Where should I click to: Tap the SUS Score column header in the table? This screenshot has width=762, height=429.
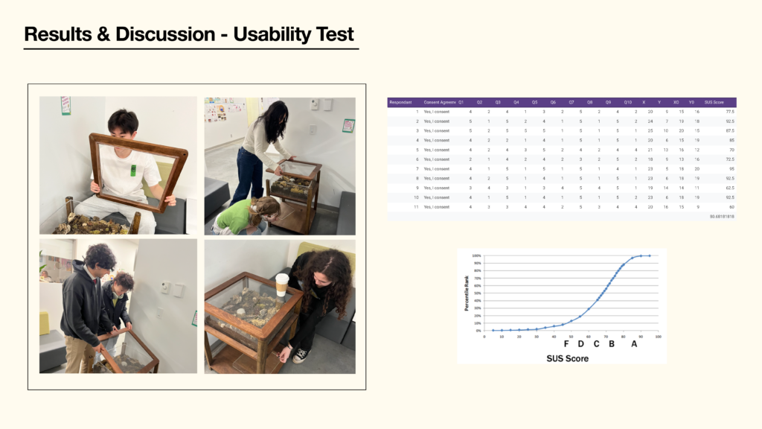coord(714,102)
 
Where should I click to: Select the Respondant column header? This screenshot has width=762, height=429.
coord(400,102)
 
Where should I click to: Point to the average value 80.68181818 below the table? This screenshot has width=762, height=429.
coord(721,217)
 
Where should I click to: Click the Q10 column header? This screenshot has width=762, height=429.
coord(627,102)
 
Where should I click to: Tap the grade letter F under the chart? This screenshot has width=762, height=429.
coord(566,344)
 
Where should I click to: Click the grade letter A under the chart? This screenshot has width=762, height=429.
coord(634,344)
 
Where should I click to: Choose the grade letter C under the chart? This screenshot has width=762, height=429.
coord(596,344)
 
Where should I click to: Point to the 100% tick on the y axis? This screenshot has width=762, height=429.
coord(477,255)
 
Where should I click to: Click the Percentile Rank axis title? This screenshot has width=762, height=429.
coord(467,293)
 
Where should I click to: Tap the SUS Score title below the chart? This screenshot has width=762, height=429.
coord(568,358)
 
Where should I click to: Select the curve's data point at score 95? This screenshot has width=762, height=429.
coord(650,255)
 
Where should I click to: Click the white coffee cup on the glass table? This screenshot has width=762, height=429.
coord(281,284)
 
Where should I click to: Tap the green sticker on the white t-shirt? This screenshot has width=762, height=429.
coord(134,170)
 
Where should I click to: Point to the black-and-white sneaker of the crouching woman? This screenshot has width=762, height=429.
coord(301,355)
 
